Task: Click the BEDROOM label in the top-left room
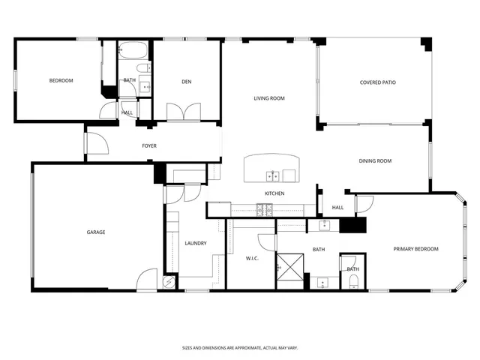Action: coord(61,80)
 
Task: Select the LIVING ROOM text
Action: coord(268,98)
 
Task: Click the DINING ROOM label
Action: coord(375,160)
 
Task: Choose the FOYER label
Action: coord(149,145)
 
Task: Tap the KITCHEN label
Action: coord(274,194)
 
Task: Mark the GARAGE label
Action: coord(95,232)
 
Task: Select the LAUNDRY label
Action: coord(195,243)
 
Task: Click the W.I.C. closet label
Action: coord(252,258)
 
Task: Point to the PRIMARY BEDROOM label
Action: coord(415,249)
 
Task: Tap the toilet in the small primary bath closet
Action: coord(352,280)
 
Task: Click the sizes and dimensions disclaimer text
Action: coord(240,347)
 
